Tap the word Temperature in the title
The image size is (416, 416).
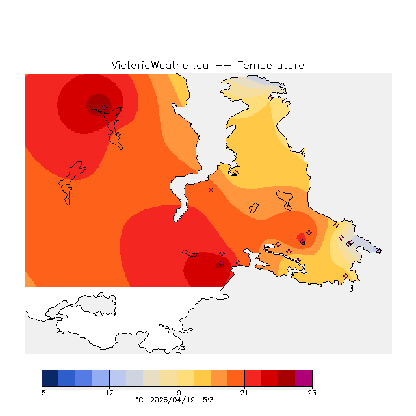point(270,66)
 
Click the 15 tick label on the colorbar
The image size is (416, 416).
point(42,392)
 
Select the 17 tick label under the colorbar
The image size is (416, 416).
point(109,392)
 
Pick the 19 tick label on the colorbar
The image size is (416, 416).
point(177,392)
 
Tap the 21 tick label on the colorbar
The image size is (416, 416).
point(244,392)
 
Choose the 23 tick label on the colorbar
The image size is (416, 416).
point(312,392)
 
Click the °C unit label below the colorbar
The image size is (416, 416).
point(139,400)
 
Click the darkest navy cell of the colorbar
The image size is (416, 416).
point(50,378)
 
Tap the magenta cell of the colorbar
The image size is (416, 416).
point(304,378)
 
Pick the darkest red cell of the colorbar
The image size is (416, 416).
point(287,378)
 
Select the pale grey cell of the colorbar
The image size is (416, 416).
point(135,378)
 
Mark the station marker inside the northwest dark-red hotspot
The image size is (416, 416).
point(103,108)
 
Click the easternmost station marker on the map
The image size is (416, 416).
point(379,251)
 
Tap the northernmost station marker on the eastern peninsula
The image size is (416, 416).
point(270,98)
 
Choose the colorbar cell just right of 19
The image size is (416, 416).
point(185,378)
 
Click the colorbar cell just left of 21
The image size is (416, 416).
point(236,378)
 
